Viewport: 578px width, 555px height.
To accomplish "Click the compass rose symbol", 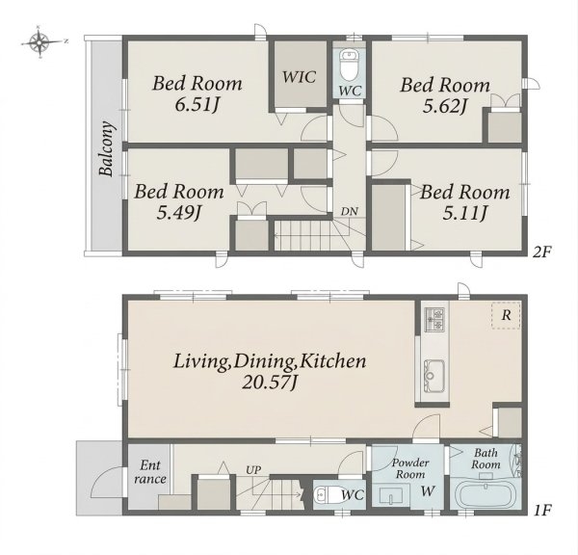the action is [40, 42].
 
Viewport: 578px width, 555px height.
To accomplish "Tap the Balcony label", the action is [107, 148].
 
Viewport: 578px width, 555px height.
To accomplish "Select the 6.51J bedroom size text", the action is [197, 105].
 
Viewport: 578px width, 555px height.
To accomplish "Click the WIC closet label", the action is [299, 77].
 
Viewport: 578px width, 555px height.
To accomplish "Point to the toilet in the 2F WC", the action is [349, 66].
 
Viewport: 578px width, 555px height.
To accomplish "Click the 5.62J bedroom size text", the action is [445, 106].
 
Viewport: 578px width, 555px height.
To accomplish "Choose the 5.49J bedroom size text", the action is [179, 213].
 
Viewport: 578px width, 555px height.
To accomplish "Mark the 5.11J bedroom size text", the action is [465, 213].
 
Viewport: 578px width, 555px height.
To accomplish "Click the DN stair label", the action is [349, 212].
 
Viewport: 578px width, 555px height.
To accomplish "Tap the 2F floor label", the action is [541, 252].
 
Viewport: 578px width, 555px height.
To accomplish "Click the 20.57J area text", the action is [270, 383].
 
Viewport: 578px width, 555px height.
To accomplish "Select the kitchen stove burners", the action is [434, 319].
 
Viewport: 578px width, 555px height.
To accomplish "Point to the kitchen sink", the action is [433, 376].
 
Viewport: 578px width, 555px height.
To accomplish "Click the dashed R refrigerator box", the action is [506, 315].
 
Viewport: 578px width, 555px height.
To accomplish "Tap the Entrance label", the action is [150, 472].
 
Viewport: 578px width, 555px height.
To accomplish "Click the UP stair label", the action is [253, 470].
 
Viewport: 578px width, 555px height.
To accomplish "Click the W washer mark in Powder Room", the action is [428, 490].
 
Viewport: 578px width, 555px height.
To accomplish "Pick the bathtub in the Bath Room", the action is [486, 495].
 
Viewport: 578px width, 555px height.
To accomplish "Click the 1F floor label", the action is [541, 511].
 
